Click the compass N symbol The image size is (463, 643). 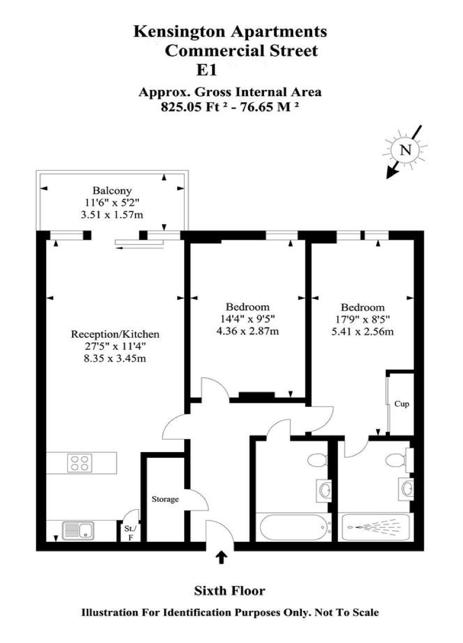[405, 150]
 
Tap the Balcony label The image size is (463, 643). [112, 191]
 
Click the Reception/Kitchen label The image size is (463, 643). [115, 334]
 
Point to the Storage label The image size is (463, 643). [165, 499]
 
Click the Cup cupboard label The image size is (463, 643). [402, 404]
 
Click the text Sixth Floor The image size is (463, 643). [230, 590]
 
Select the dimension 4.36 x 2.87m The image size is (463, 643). [248, 331]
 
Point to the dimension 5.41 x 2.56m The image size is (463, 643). [362, 332]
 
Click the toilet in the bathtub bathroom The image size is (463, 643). [316, 460]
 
